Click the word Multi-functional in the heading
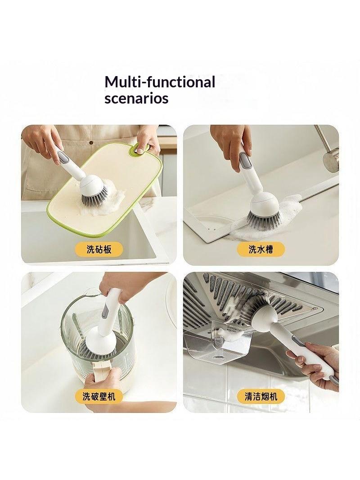point(160,82)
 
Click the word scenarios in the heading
point(136,99)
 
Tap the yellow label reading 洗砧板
point(99,249)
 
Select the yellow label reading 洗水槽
point(261,249)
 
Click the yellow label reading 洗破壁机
point(99,397)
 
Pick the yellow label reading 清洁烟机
point(261,397)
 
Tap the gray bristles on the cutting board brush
point(94,198)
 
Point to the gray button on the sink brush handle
point(244,160)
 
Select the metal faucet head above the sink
point(331,160)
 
